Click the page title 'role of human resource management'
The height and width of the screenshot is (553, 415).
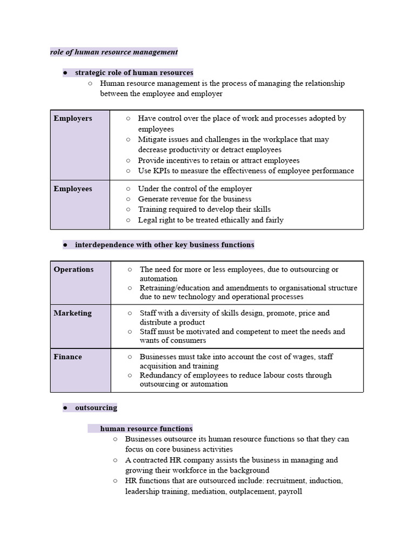pos(113,52)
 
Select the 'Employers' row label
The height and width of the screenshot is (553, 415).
pos(73,118)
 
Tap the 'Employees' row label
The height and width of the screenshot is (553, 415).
pos(73,188)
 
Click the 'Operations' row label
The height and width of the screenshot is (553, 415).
pos(73,269)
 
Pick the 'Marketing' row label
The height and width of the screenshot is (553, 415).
pos(72,313)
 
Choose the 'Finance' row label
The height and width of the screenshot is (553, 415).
pos(68,357)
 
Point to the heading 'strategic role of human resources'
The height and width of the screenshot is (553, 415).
pos(134,72)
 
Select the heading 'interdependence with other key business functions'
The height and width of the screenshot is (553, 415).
pos(164,245)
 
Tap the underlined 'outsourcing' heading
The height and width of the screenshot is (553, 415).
pos(96,408)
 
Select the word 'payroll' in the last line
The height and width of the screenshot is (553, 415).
pos(289,491)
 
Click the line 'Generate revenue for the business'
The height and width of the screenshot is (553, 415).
pos(195,199)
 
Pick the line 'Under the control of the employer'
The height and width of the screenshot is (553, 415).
pos(195,188)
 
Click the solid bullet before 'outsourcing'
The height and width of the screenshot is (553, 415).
pos(65,408)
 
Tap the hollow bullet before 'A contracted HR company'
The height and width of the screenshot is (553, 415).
pos(116,460)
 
